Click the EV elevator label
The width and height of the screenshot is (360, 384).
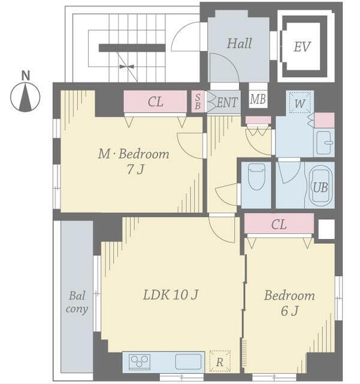302,47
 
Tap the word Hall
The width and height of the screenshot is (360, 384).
239,44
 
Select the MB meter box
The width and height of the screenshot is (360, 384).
258,99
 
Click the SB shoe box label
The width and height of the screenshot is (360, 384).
198,102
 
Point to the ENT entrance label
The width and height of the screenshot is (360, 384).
227,102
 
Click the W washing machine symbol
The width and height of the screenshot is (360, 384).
300,102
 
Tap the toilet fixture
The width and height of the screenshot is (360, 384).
256,176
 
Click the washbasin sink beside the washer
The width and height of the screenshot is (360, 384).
325,143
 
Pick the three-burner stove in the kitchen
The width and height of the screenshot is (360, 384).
140,362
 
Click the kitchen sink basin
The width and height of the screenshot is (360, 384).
188,362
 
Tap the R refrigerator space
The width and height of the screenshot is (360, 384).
220,362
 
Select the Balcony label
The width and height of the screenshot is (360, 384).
77,302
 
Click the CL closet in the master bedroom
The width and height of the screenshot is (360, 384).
155,101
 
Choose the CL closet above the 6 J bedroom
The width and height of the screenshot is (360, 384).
279,223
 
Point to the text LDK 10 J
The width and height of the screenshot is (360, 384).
171,295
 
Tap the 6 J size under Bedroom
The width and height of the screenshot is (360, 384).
289,311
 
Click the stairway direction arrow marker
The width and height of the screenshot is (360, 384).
127,66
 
